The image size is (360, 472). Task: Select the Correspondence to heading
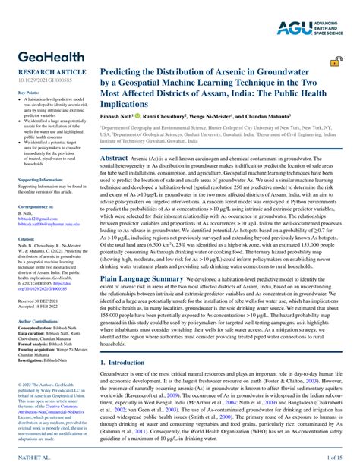click(x=35, y=206)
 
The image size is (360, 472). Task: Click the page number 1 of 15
click(x=335, y=458)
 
